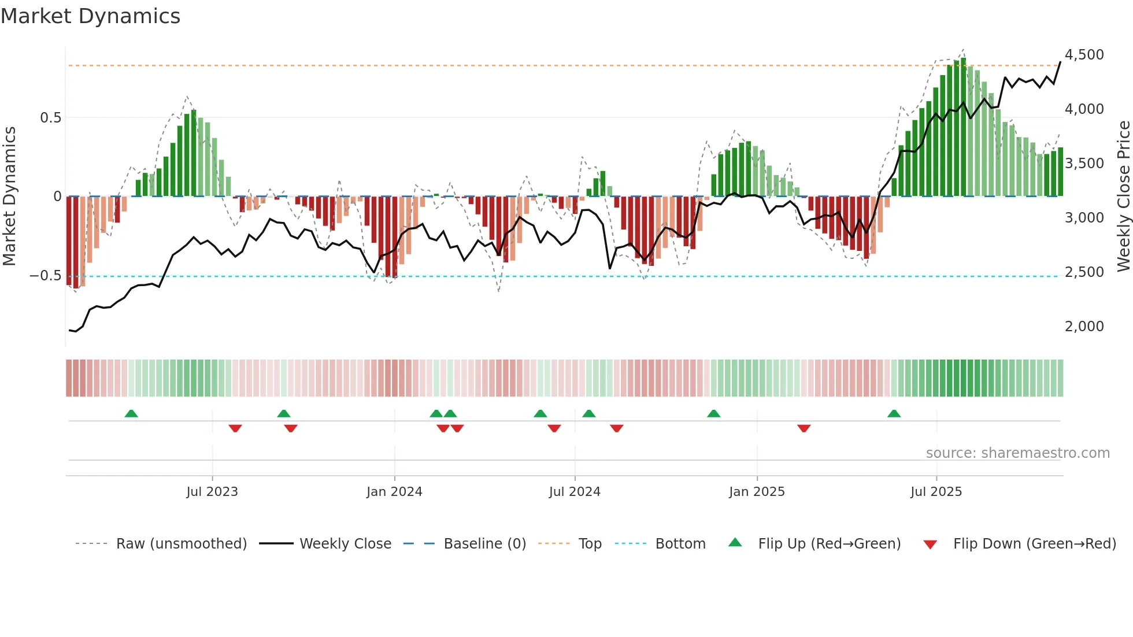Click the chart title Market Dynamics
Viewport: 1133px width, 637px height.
[91, 16]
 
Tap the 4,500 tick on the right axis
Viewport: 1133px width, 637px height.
[1084, 55]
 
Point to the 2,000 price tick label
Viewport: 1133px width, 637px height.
[1084, 327]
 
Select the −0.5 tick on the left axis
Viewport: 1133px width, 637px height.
[45, 276]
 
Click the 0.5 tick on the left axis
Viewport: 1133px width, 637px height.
[50, 118]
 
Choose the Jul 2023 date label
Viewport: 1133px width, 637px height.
[212, 492]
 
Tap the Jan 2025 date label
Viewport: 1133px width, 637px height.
[757, 492]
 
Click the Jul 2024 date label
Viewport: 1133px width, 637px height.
[575, 492]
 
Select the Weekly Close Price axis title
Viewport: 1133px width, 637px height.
[1123, 197]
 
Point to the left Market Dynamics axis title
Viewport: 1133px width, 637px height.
[9, 197]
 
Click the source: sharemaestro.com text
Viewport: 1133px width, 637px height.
[1017, 453]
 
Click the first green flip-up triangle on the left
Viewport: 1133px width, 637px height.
[131, 413]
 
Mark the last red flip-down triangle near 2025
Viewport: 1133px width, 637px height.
[804, 428]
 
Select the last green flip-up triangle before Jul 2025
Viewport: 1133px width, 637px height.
[894, 413]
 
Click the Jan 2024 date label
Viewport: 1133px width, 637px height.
[394, 492]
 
